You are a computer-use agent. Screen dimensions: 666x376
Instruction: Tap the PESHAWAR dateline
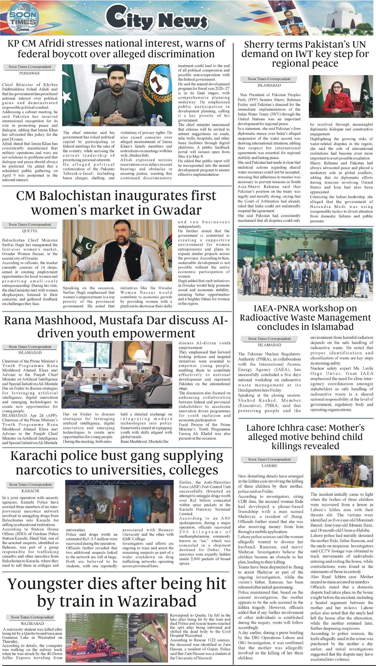tap(29, 73)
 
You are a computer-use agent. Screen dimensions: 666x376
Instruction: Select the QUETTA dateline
tap(30, 231)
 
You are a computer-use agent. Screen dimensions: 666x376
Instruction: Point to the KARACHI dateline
tap(30, 491)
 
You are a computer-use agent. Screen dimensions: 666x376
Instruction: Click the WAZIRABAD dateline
tap(32, 623)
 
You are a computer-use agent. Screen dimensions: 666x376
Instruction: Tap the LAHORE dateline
tap(269, 466)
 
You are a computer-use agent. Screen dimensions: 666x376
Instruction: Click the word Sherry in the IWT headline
tap(258, 45)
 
